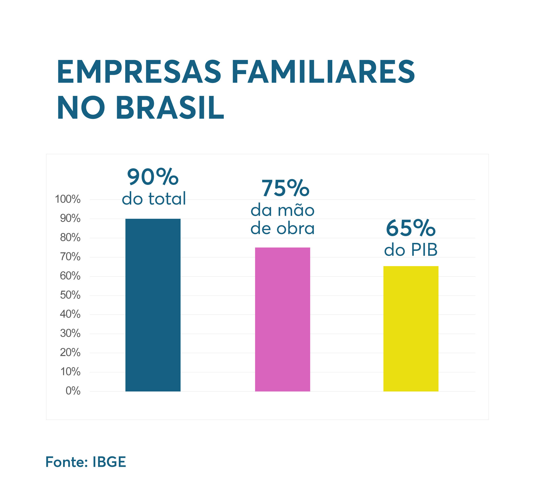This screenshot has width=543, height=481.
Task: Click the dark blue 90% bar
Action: tap(153, 305)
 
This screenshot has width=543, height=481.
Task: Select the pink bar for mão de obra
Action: tap(282, 319)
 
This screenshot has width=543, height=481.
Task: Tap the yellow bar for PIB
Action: tap(411, 329)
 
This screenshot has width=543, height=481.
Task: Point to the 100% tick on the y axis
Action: tap(68, 199)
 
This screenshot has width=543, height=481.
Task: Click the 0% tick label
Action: tap(73, 391)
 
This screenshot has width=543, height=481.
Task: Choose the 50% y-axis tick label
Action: tap(70, 295)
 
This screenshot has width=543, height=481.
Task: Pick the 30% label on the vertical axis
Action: tap(70, 334)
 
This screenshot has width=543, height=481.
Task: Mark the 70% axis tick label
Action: tap(70, 257)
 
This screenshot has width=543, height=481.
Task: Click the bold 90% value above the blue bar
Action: tap(153, 177)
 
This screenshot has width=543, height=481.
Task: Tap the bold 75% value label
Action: tap(285, 188)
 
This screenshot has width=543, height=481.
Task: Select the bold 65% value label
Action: tap(411, 228)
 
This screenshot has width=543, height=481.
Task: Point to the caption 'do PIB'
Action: tap(411, 250)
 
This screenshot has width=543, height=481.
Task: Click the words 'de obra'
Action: tap(282, 228)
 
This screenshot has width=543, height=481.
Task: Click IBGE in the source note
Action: tap(109, 462)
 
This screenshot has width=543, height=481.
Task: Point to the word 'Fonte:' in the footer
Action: tap(67, 462)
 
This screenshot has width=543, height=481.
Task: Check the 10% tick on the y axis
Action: tap(70, 372)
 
